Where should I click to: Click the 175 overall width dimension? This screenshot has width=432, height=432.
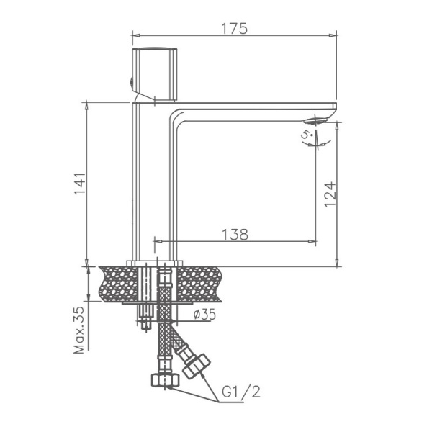[x=235, y=28]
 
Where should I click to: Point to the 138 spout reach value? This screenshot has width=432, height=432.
[x=235, y=233]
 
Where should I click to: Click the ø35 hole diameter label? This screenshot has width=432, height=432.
[x=207, y=314]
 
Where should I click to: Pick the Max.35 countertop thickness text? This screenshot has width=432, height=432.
[x=80, y=328]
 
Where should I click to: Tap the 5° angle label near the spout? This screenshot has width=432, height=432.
[x=306, y=135]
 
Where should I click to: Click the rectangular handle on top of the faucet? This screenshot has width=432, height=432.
[x=155, y=75]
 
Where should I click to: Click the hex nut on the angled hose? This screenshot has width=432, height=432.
[x=195, y=365]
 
